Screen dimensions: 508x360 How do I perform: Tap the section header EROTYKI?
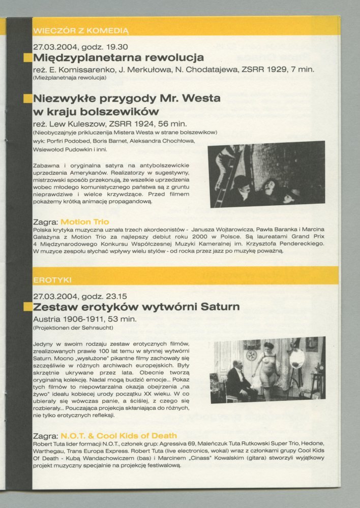(53, 280)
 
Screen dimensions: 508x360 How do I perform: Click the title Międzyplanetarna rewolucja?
(118, 57)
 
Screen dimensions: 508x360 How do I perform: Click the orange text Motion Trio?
(84, 221)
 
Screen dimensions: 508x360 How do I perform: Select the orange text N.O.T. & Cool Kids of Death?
(118, 435)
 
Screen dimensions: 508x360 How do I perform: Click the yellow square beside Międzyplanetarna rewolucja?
(28, 57)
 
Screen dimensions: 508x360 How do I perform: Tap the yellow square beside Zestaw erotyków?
(28, 307)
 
